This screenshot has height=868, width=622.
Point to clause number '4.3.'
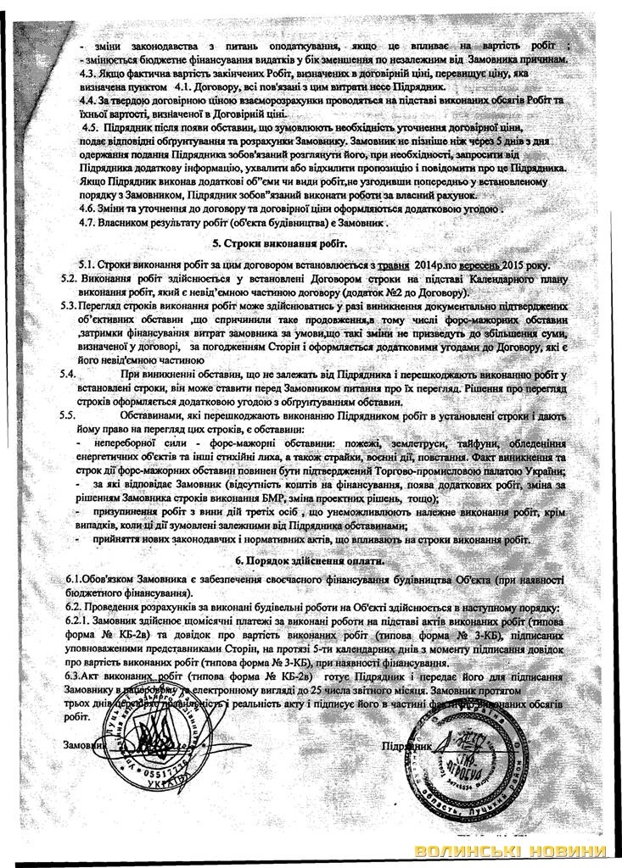click(x=91, y=74)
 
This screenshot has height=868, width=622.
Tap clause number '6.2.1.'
click(x=81, y=620)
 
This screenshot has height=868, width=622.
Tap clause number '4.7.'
click(x=91, y=222)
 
